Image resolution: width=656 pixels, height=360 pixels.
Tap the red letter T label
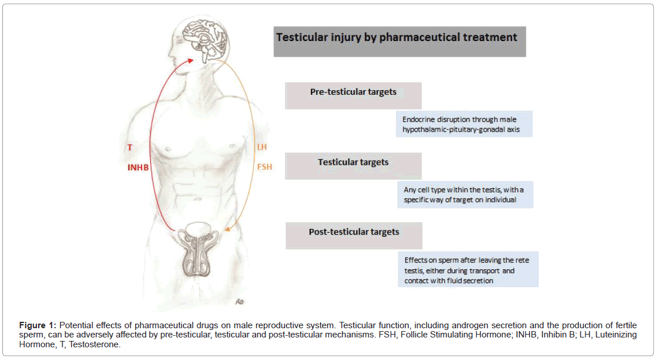129,148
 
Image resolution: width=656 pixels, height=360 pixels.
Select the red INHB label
139,168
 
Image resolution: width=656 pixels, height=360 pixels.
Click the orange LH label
262,147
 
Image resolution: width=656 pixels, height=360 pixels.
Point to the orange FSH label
264,168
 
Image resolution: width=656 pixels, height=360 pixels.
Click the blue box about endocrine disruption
464,124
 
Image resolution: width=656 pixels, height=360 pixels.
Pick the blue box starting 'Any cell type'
465,195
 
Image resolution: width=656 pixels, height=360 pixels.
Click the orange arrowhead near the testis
227,231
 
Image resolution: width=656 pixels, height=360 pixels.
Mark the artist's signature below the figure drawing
240,300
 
